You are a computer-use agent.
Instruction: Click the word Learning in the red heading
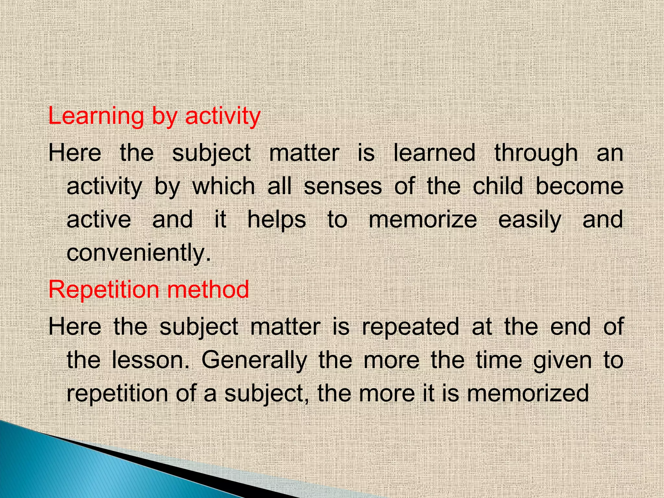click(x=96, y=116)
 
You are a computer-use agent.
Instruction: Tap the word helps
click(x=277, y=220)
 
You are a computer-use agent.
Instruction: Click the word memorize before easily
click(x=423, y=219)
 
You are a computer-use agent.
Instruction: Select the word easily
click(x=530, y=220)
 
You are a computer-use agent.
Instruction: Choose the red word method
click(x=208, y=289)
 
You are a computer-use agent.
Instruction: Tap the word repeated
click(x=410, y=326)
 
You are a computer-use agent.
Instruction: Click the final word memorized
click(x=528, y=393)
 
